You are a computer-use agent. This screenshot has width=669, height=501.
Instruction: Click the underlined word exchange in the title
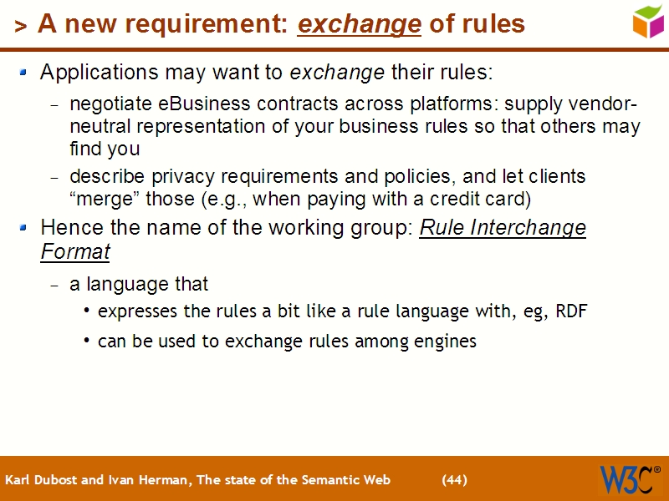[359, 25]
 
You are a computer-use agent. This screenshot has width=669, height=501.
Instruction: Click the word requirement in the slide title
[207, 25]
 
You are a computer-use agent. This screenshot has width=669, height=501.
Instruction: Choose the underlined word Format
[75, 250]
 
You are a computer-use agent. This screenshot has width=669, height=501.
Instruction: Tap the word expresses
[134, 311]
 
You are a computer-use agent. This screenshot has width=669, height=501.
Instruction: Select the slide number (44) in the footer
[454, 480]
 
